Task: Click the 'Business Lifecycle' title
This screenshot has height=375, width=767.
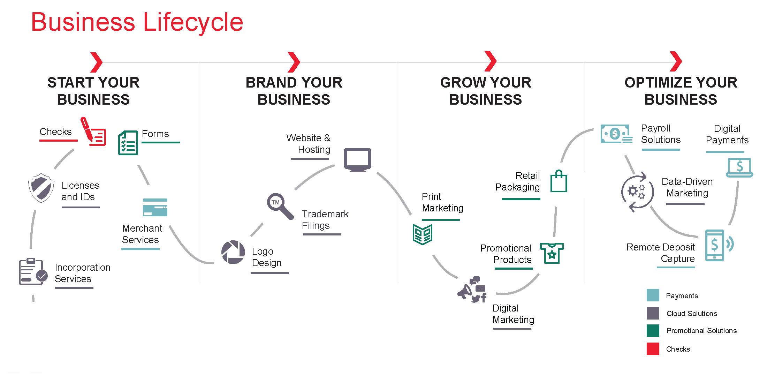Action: pyautogui.click(x=137, y=22)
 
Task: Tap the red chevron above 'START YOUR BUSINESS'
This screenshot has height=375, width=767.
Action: pyautogui.click(x=96, y=62)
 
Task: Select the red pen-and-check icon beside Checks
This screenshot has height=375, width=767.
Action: pyautogui.click(x=93, y=132)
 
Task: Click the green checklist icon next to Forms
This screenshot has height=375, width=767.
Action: pyautogui.click(x=128, y=143)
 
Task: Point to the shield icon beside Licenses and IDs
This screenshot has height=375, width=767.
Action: pyautogui.click(x=41, y=188)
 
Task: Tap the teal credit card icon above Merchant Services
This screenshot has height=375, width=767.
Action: pyautogui.click(x=155, y=207)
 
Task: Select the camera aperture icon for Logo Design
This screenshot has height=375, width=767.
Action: pyautogui.click(x=233, y=252)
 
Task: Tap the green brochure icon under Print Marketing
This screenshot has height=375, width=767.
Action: pyautogui.click(x=422, y=234)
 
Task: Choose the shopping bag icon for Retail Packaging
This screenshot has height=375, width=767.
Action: pyautogui.click(x=559, y=181)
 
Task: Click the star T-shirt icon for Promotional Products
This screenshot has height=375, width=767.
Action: pyautogui.click(x=552, y=253)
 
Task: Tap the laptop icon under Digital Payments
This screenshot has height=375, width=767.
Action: pyautogui.click(x=739, y=168)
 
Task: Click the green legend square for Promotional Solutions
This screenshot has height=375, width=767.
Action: pyautogui.click(x=653, y=331)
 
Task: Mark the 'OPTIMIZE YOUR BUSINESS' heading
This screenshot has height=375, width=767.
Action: pyautogui.click(x=681, y=91)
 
